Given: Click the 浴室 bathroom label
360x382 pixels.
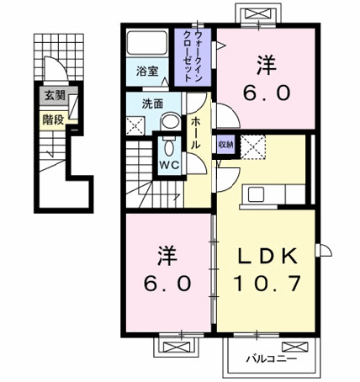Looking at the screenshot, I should [x=147, y=72].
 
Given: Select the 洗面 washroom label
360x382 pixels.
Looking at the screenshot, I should [x=151, y=105].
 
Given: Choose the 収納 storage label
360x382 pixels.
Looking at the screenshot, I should [x=225, y=142].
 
